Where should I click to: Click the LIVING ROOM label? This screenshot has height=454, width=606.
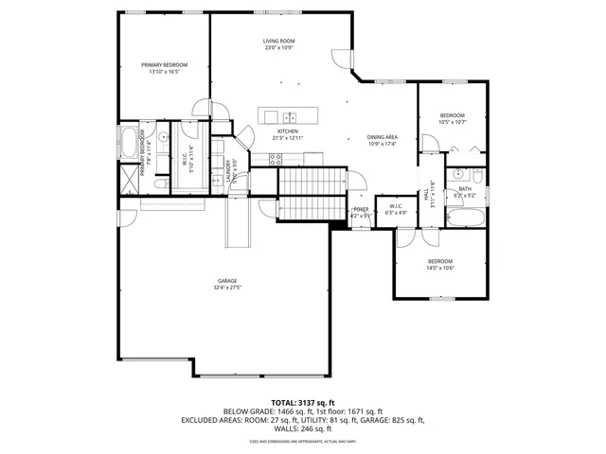pos(279,42)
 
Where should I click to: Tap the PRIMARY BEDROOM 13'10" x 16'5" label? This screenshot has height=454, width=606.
pos(164,65)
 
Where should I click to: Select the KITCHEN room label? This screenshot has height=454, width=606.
pos(288,131)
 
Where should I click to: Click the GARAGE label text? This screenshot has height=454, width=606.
pos(227,281)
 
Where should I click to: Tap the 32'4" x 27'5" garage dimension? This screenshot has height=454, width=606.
pos(227,288)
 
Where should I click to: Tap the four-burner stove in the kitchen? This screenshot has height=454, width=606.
pos(277,161)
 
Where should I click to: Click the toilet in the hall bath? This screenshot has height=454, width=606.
pos(477,178)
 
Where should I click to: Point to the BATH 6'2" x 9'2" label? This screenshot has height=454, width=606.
pos(465,191)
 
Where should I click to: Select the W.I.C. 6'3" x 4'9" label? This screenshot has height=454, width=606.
pos(396,209)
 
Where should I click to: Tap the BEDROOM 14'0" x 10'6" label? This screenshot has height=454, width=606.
pos(440,264)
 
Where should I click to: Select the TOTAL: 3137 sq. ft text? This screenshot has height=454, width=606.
pos(302,402)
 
